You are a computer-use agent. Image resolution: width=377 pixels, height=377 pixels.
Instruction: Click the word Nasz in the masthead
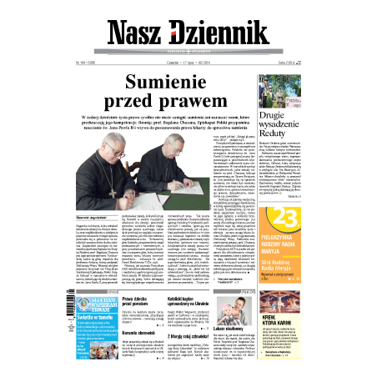coord(137,34)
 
